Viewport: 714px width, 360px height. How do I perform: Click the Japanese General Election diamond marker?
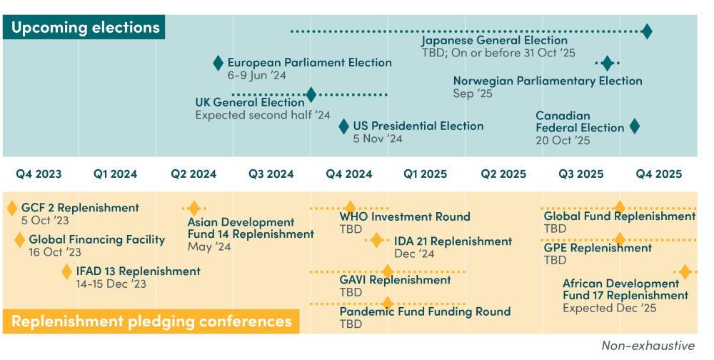tap(647, 31)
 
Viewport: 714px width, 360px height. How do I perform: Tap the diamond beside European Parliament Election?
tap(218, 63)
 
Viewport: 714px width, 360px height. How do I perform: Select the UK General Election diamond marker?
tap(311, 94)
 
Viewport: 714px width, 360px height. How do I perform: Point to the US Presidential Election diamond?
tap(344, 126)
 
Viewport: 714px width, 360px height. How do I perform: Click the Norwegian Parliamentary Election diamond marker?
tap(607, 63)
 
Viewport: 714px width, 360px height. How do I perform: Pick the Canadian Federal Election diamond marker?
tap(634, 126)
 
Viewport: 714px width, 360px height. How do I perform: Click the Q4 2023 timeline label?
tap(39, 174)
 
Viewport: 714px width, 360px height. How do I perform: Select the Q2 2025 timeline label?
tap(503, 174)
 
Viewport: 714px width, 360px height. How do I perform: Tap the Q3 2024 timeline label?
tap(271, 174)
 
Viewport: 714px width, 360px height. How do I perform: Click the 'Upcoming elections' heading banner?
tap(85, 29)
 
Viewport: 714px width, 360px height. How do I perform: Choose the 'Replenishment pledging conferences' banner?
tap(151, 321)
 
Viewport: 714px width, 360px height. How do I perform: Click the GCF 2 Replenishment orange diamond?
tap(12, 209)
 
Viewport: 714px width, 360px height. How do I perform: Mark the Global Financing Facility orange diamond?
tap(20, 240)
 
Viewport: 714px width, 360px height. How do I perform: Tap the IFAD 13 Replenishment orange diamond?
tap(66, 271)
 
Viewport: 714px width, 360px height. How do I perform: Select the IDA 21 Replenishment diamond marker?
tap(376, 240)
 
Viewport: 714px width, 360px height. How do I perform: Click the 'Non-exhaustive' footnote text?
tap(648, 346)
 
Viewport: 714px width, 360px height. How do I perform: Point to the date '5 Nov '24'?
tap(378, 139)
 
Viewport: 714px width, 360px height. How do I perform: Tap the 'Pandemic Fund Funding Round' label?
tap(425, 311)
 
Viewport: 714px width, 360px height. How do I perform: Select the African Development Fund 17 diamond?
tap(685, 271)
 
